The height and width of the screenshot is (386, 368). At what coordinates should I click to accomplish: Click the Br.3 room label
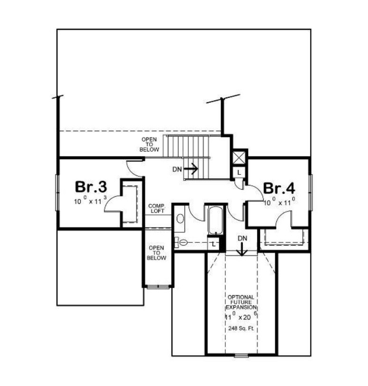[91, 187]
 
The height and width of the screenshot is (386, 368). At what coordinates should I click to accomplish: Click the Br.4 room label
[279, 188]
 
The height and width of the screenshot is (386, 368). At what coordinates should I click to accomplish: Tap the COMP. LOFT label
[157, 208]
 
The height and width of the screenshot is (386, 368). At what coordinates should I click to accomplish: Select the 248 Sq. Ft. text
[241, 328]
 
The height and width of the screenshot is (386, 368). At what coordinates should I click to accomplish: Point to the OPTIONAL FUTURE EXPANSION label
[241, 302]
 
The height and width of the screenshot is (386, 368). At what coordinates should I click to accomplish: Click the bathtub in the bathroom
[215, 221]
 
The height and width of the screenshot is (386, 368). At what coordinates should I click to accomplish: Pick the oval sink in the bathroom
[180, 219]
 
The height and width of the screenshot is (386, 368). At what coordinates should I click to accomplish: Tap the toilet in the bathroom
[181, 242]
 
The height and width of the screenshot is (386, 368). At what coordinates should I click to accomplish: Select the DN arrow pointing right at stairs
[191, 169]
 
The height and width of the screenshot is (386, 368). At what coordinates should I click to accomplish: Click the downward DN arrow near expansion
[242, 249]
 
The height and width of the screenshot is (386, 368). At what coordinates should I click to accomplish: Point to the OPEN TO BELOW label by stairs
[149, 144]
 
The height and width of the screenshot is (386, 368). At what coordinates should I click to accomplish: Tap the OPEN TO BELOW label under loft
[156, 253]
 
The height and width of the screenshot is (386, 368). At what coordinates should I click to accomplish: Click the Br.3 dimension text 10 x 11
[90, 201]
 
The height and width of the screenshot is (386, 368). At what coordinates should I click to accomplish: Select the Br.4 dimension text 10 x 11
[280, 202]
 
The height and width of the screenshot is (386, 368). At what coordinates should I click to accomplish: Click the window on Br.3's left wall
[57, 192]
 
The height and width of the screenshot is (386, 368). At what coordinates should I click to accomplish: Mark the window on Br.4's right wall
[310, 192]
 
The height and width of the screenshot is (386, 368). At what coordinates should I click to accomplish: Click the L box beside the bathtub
[213, 244]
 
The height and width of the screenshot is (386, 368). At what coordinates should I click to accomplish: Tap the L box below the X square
[239, 173]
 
